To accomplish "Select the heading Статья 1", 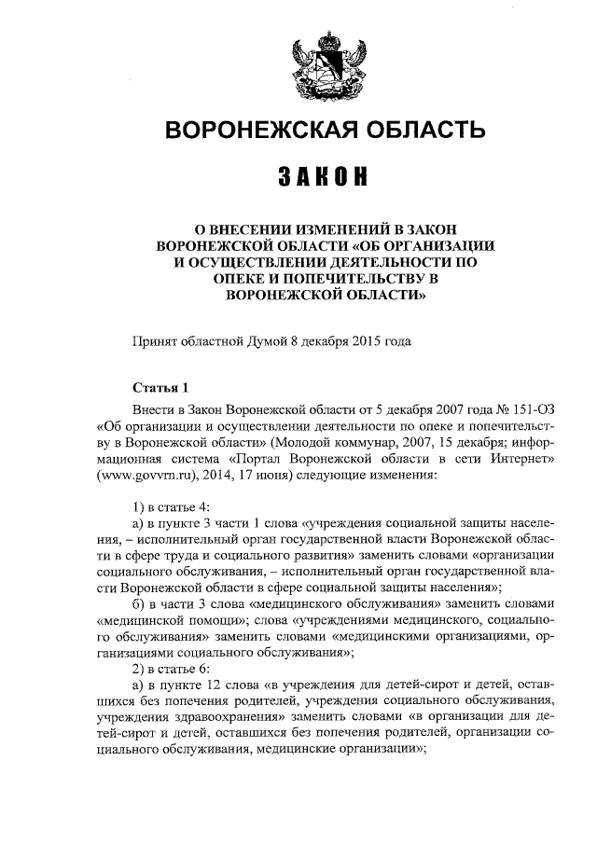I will coord(160,387).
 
